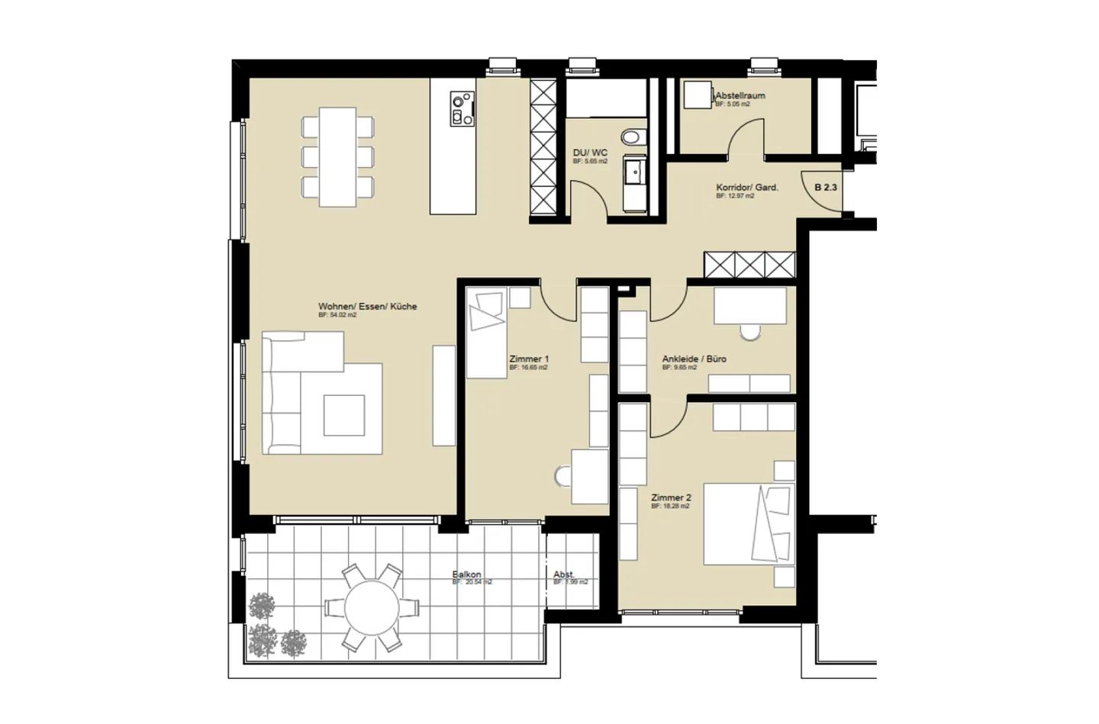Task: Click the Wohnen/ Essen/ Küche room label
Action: (367, 307)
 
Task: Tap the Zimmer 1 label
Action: (529, 359)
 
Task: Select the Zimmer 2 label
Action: (671, 497)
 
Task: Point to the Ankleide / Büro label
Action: (694, 359)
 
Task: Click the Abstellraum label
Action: (740, 96)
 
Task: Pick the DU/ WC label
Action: (590, 153)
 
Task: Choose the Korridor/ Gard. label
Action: (746, 187)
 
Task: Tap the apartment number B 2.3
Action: (826, 187)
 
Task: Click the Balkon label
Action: (466, 574)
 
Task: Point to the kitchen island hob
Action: (462, 108)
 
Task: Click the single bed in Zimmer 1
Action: (486, 333)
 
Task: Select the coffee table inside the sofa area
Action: (343, 415)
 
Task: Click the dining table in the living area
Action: (337, 157)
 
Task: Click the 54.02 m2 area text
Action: (337, 315)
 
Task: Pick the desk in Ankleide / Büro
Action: (749, 305)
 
